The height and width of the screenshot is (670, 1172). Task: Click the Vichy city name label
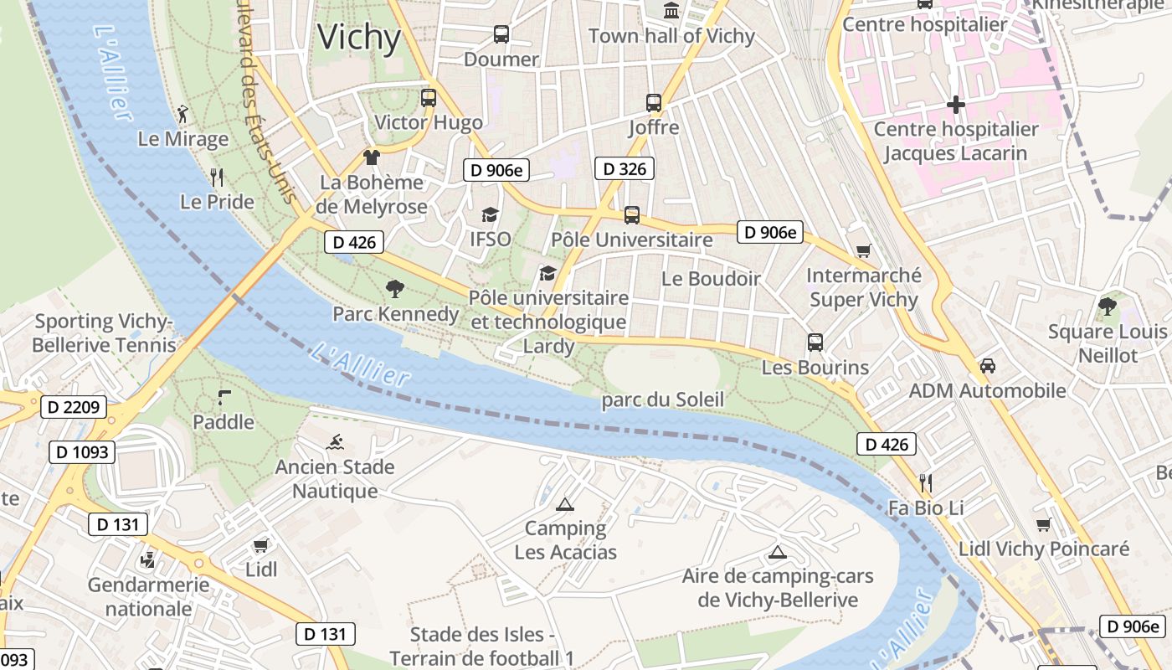pos(359,38)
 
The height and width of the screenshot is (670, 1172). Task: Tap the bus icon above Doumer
pos(501,34)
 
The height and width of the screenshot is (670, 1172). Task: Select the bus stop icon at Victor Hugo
pos(429,98)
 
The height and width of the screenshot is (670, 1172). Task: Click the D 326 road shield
pos(624,169)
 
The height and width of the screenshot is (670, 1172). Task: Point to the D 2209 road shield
pos(74,408)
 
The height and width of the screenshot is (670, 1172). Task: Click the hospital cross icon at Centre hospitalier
pos(955,105)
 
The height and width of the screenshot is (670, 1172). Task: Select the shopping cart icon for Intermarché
pos(864,250)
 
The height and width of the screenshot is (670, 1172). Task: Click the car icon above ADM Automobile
pos(988,366)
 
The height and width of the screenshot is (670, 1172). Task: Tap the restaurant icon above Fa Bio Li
pos(926,482)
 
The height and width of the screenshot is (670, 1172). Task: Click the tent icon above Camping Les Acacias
pos(565,504)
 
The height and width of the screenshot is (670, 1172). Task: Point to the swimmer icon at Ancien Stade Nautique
pos(336,442)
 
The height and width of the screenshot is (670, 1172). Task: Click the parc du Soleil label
pos(662,400)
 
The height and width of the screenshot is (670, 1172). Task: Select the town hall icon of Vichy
pos(671,11)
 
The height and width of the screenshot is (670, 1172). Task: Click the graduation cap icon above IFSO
pos(490,215)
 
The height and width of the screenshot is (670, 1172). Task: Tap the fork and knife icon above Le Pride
pos(217,177)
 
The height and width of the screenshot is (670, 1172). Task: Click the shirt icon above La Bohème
pos(372,157)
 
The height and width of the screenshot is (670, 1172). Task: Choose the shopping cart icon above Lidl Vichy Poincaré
pos(1043,525)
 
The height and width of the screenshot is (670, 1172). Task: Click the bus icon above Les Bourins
pos(815,343)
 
